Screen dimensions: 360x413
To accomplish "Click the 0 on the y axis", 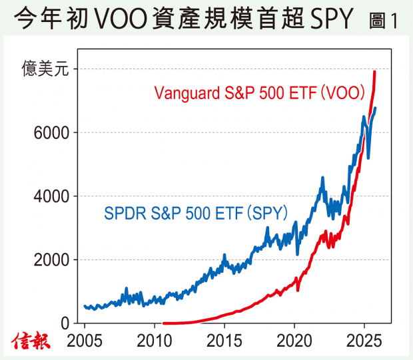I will point(65,323).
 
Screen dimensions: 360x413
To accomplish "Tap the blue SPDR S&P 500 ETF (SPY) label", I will point(196,214).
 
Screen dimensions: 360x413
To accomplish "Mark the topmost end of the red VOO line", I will point(374,71).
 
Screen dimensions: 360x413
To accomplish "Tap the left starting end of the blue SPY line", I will point(85,306).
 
